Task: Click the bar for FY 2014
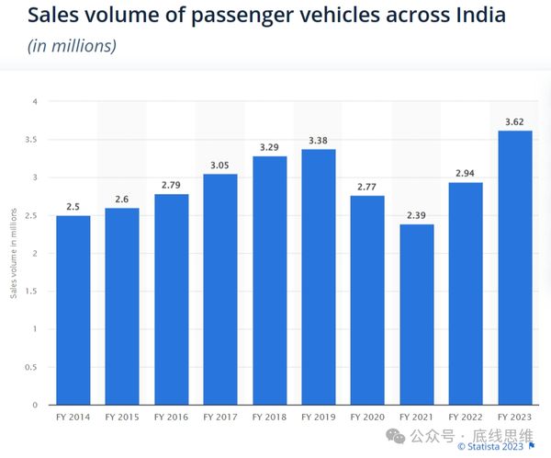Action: [x=73, y=310]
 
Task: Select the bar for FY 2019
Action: [x=319, y=277]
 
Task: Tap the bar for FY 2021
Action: [x=417, y=315]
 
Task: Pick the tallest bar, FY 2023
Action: [x=514, y=268]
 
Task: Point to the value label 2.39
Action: [x=417, y=214]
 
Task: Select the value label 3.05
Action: [x=220, y=164]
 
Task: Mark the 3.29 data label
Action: [x=270, y=146]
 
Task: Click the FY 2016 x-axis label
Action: [x=172, y=418]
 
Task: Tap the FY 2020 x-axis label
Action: [x=367, y=418]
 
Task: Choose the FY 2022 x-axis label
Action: [x=466, y=418]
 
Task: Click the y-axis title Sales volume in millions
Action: [x=13, y=254]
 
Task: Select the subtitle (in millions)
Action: [x=71, y=45]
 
